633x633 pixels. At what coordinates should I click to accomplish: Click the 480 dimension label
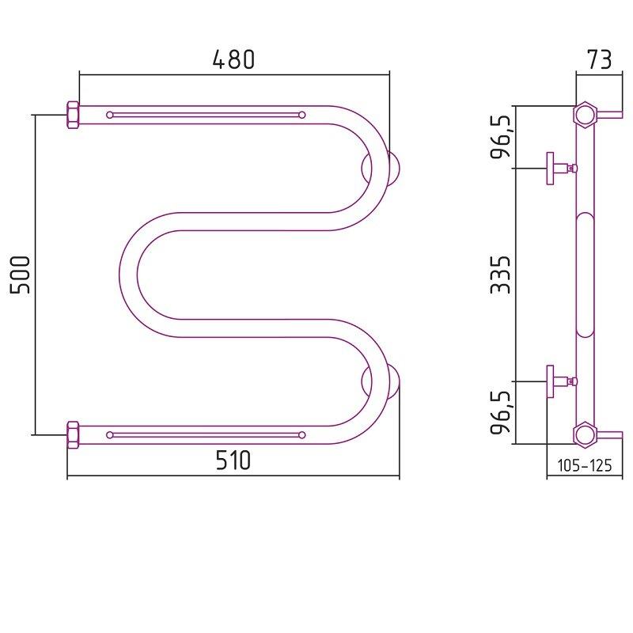click(233, 59)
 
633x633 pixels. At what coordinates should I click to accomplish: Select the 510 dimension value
click(233, 461)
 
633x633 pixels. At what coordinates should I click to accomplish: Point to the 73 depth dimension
click(600, 59)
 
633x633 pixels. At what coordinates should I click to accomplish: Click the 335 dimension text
click(501, 275)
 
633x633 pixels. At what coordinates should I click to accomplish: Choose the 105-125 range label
click(585, 465)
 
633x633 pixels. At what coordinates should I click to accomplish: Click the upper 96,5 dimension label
click(501, 136)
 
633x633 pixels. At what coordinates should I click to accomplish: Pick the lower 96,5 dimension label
click(501, 412)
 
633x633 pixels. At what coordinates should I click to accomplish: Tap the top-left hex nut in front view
click(73, 115)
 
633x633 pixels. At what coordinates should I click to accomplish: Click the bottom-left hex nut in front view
click(73, 434)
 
